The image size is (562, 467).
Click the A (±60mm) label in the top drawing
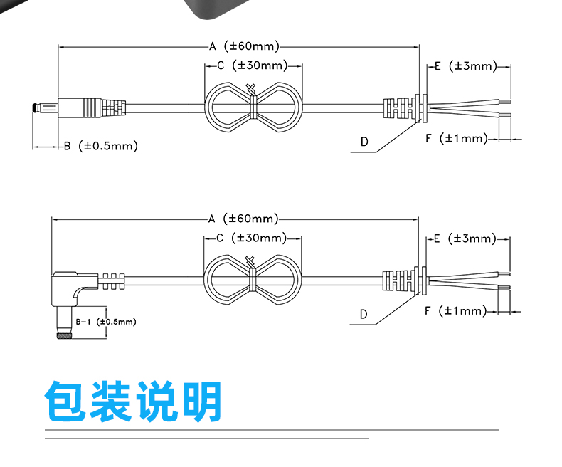pos(244,46)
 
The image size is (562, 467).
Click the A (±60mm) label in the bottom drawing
pos(243,219)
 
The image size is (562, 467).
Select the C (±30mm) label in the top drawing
pos(253,65)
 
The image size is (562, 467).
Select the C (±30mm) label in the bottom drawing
pos(252,238)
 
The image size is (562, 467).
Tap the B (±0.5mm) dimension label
pos(101,146)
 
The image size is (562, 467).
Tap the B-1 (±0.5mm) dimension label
pos(106,322)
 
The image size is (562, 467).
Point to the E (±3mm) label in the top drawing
pos(466,66)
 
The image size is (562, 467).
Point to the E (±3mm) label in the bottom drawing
pos(465,238)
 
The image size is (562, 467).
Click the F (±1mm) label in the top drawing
pos(457,138)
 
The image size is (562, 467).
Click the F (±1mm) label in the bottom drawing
pos(455,310)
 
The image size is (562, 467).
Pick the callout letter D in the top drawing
pos(364,142)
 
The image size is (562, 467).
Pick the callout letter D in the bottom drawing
pos(364,314)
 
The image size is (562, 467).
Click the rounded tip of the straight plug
pos(34,107)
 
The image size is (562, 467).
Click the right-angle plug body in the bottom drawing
pos(70,287)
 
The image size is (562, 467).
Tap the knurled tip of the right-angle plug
pos(64,336)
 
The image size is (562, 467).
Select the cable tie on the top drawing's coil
pos(253,103)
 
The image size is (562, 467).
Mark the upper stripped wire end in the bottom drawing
pos(504,274)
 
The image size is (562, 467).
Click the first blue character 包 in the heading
pos(65,401)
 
